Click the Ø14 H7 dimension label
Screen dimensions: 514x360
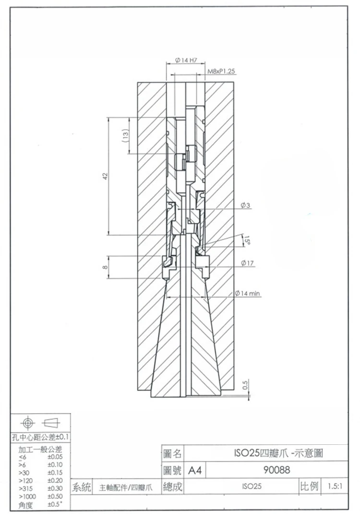(186, 61)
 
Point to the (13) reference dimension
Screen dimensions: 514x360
(125, 135)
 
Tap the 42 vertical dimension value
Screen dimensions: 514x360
(104, 176)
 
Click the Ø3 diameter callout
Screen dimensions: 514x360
(245, 206)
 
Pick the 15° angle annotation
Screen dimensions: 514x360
(247, 239)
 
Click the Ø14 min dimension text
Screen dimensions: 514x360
(248, 293)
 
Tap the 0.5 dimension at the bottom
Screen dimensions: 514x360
(245, 385)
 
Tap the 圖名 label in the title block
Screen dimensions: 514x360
(172, 453)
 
